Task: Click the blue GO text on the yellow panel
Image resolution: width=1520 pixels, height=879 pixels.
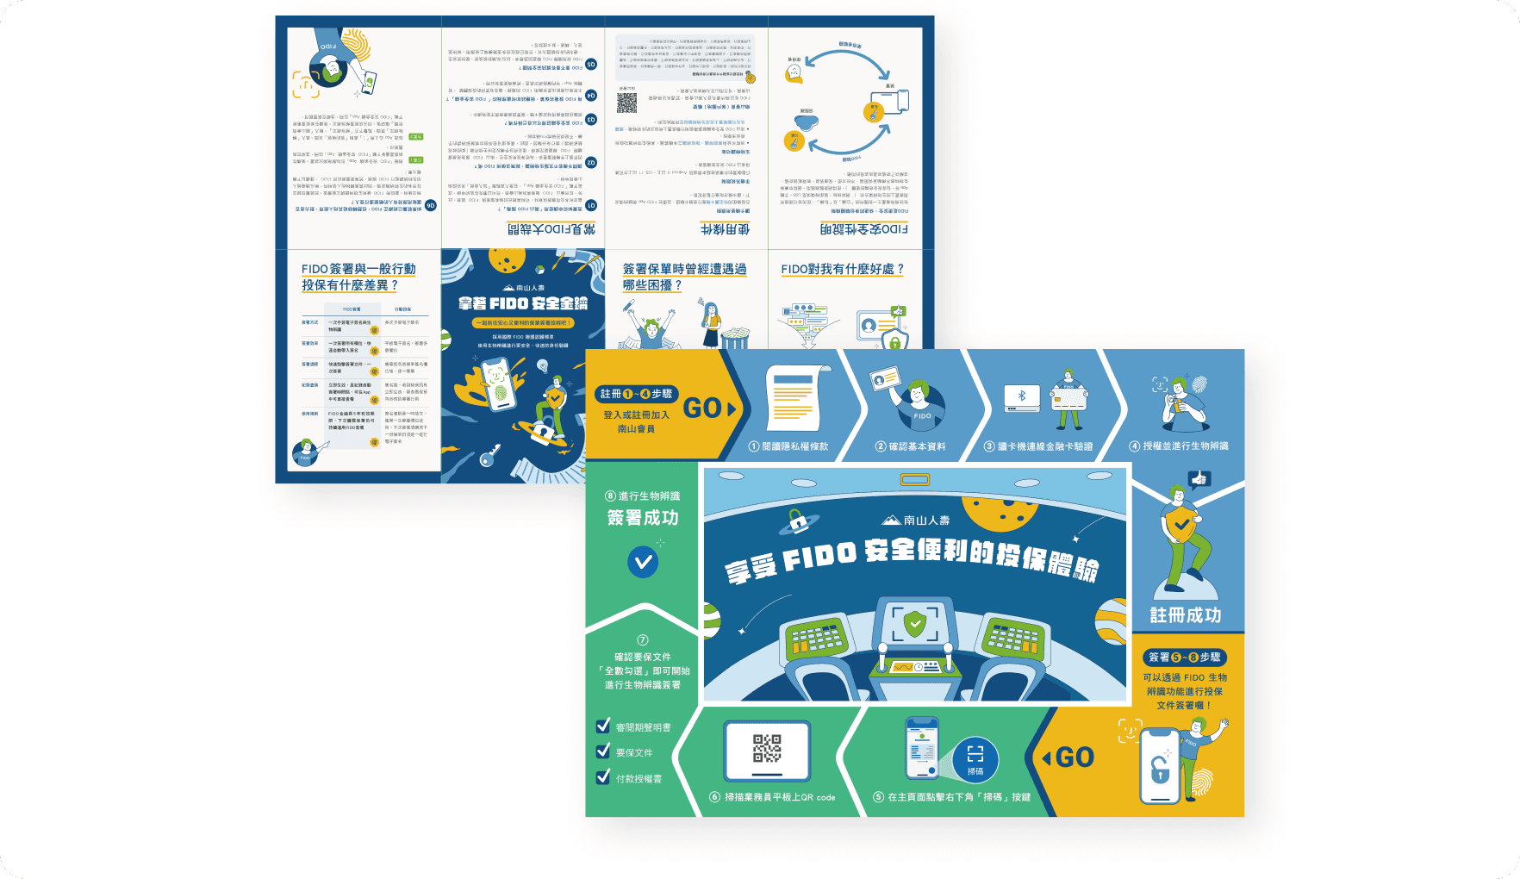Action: tap(702, 408)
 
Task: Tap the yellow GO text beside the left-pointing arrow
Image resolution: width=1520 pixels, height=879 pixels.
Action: tap(1075, 757)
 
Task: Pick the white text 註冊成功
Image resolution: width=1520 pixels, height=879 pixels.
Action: tap(1186, 614)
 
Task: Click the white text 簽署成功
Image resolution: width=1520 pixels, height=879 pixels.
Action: tap(643, 517)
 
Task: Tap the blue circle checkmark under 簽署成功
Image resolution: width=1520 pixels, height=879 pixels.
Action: tap(643, 563)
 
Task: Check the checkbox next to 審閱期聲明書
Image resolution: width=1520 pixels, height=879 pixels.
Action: tap(603, 726)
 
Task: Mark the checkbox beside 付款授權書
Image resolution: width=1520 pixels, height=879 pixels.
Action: tap(603, 777)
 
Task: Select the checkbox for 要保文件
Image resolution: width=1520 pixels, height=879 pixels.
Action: tap(603, 751)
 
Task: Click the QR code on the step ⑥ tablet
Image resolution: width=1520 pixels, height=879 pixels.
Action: tap(767, 748)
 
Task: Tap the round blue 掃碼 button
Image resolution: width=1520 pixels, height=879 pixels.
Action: tap(975, 760)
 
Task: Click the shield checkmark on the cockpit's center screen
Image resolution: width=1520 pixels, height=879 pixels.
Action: tap(915, 622)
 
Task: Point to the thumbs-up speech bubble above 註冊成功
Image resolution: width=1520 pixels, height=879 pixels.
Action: tap(1199, 478)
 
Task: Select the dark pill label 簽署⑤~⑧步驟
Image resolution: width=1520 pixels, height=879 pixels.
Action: tap(1185, 657)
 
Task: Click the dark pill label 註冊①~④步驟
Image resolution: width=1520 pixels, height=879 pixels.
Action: tap(636, 394)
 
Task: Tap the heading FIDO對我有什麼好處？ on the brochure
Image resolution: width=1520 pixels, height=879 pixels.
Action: tap(842, 269)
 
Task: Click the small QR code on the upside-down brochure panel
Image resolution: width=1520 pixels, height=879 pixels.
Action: tap(626, 103)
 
